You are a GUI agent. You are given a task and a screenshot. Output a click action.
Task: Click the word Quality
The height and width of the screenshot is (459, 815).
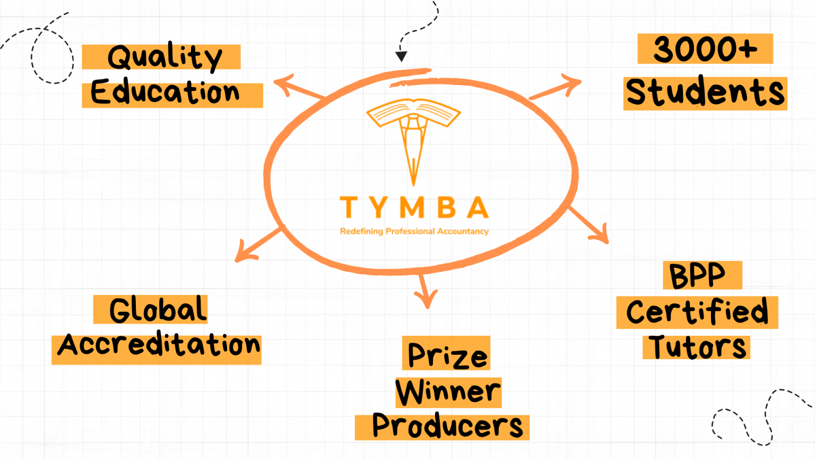point(164,57)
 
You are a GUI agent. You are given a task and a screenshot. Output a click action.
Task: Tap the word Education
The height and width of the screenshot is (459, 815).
point(166,93)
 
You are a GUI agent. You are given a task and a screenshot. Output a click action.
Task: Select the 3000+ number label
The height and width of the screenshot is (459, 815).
point(705,49)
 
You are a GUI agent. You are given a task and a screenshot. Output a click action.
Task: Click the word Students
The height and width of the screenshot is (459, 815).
point(705,92)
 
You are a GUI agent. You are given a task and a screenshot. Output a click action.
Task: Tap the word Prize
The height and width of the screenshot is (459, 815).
point(447,354)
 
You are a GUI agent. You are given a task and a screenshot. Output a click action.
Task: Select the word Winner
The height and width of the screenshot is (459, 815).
point(448,392)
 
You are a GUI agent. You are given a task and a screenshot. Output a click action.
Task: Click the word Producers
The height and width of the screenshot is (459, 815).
point(447,427)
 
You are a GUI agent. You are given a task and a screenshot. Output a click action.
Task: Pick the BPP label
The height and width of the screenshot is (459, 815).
point(697,276)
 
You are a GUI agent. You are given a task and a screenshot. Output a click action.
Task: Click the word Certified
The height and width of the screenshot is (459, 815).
point(697,312)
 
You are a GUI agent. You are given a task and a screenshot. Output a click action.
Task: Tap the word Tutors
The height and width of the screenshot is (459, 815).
point(697,347)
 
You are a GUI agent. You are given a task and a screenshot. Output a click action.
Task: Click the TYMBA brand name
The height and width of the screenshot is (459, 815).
point(414,208)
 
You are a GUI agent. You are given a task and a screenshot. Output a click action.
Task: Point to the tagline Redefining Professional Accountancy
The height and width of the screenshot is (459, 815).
point(414,231)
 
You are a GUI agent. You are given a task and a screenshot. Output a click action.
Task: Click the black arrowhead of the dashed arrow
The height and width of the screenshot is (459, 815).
point(402,56)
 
